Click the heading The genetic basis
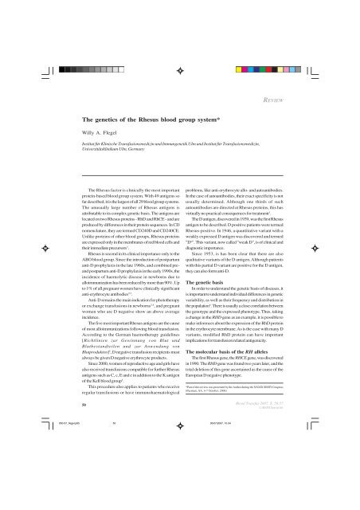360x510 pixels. point(208,304)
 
